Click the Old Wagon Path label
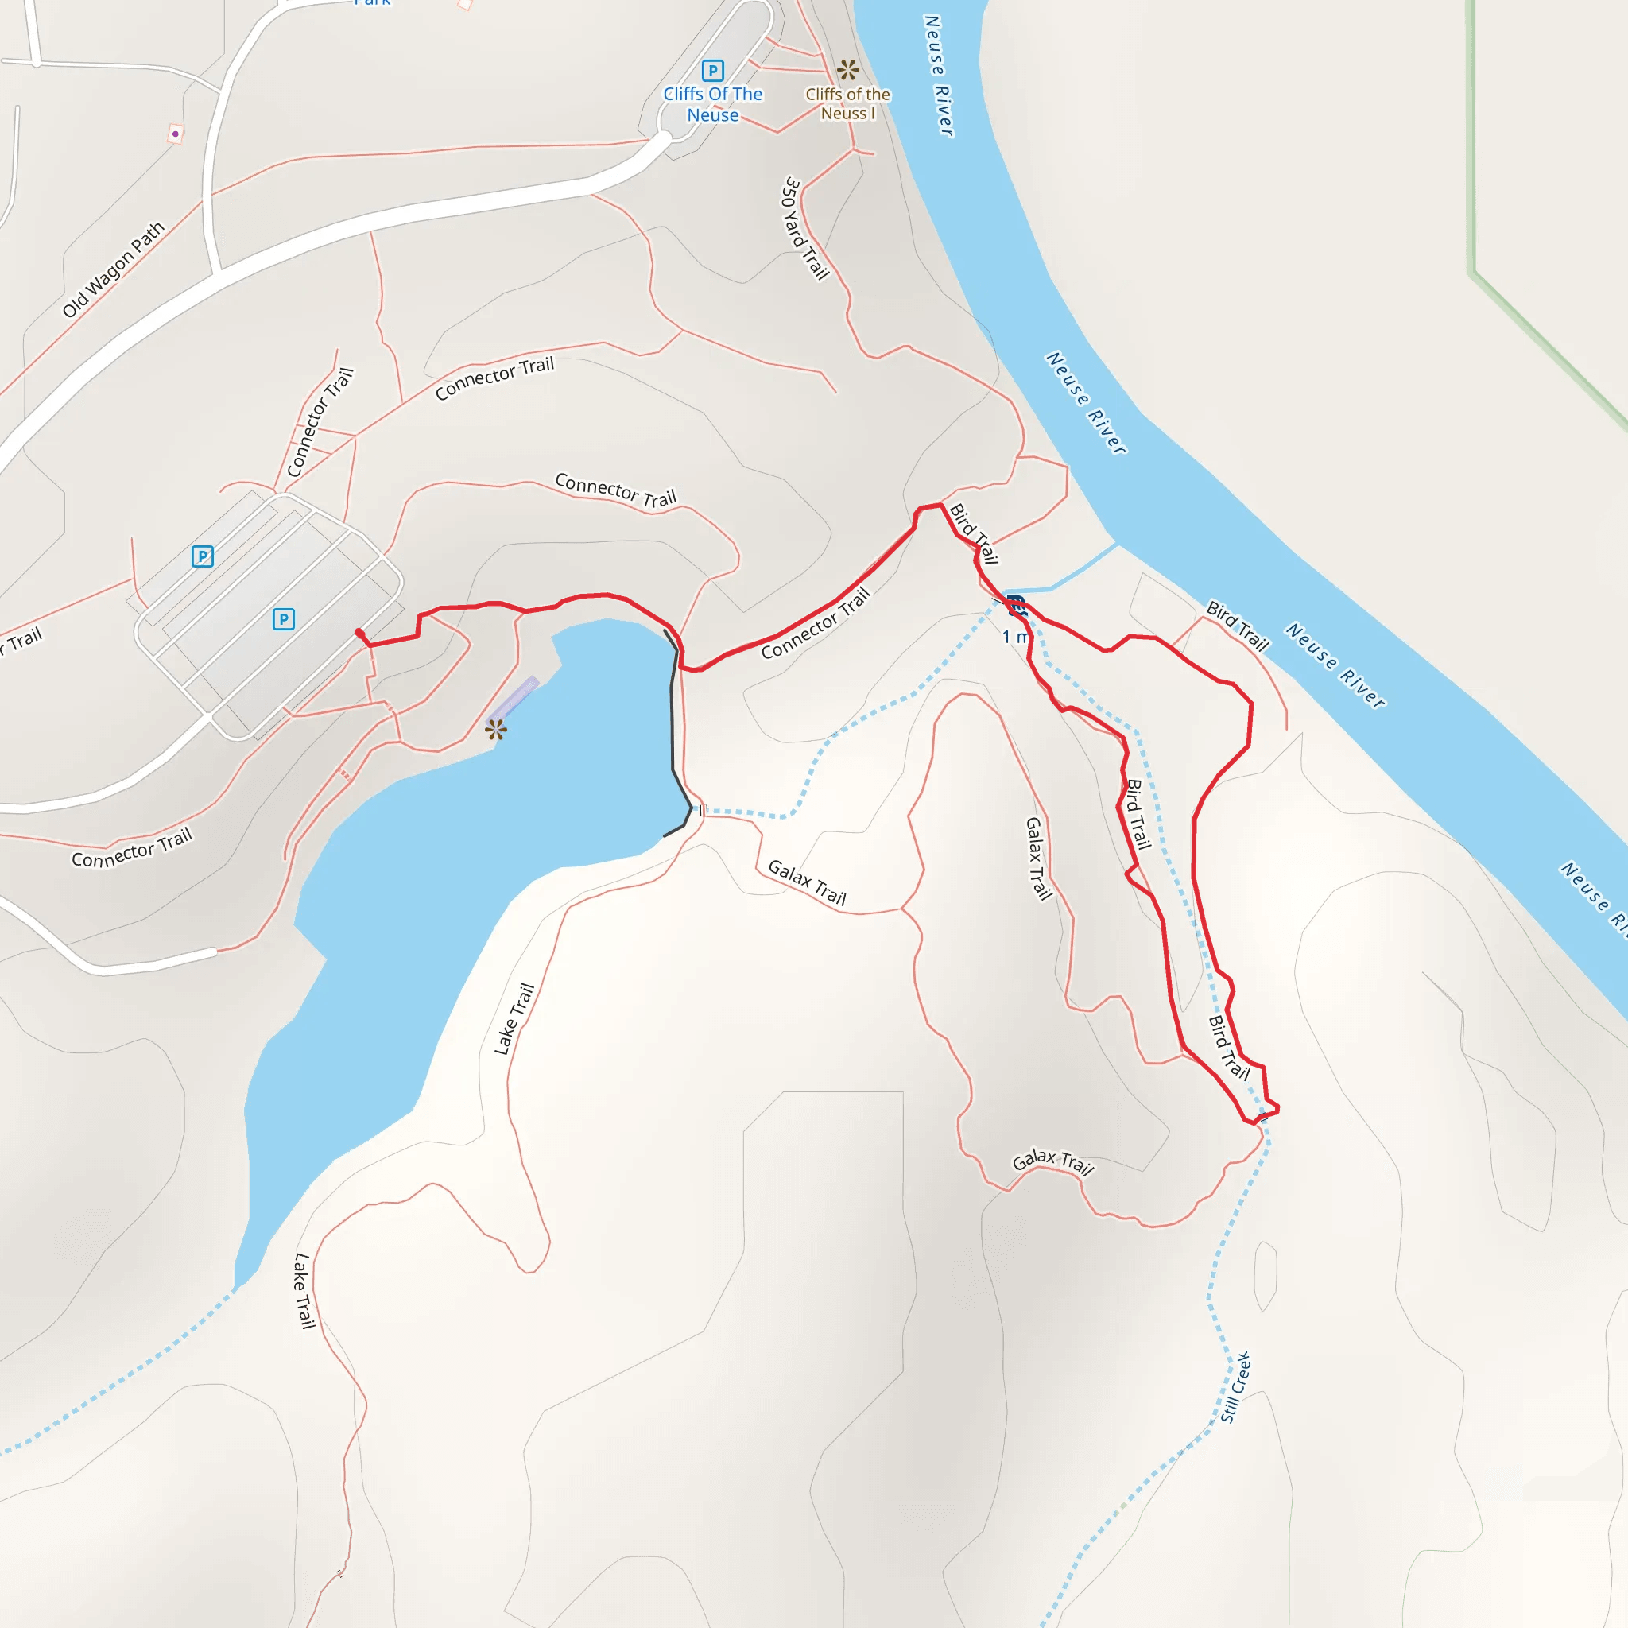coord(113,269)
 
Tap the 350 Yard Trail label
coord(805,227)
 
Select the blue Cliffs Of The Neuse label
coord(712,104)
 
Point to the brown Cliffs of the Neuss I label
coord(847,103)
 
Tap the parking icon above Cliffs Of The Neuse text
coord(712,71)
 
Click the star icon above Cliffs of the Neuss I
coord(847,69)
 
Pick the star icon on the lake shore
coord(495,729)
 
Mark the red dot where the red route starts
coord(360,633)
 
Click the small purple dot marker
coord(175,133)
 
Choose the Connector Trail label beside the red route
coord(815,623)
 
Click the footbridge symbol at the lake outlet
coord(703,811)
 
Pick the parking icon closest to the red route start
coord(284,619)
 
